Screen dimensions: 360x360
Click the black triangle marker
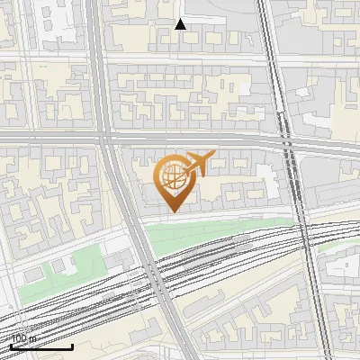pyautogui.click(x=180, y=24)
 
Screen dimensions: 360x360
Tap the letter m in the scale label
pyautogui.click(x=33, y=339)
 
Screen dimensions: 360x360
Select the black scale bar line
pyautogui.click(x=41, y=346)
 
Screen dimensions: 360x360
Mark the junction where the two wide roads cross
pyautogui.click(x=106, y=138)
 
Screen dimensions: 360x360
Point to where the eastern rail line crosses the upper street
pyautogui.click(x=271, y=58)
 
